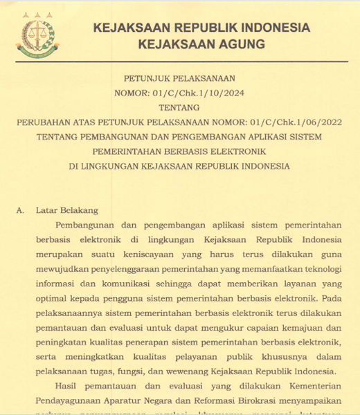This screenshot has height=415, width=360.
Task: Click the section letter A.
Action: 19,210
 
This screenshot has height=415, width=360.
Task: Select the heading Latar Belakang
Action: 66,210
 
